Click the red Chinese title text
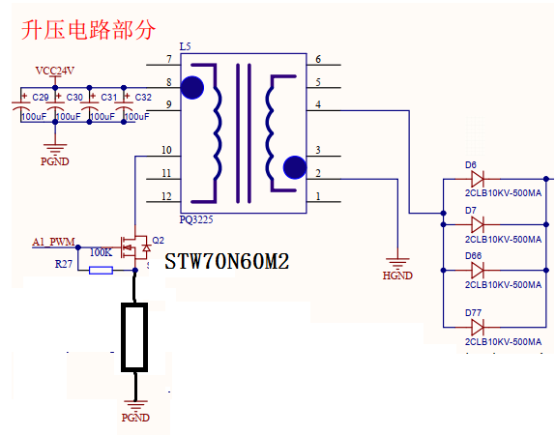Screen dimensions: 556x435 [x=88, y=30]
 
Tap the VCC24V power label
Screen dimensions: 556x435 [x=55, y=71]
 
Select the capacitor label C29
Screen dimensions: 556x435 [x=41, y=97]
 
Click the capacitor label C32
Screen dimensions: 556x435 [x=143, y=97]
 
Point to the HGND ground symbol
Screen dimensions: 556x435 [x=397, y=263]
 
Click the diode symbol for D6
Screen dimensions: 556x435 [x=478, y=179]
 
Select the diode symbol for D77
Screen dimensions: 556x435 [x=478, y=328]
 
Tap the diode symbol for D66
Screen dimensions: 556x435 [x=478, y=270]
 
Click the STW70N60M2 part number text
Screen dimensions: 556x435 [x=227, y=262]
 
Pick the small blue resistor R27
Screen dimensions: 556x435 [x=102, y=271]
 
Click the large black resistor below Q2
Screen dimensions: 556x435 [x=134, y=337]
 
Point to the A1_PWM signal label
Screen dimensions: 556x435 [x=53, y=242]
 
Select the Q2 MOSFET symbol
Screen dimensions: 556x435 [x=135, y=247]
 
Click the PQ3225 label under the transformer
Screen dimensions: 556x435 [x=196, y=219]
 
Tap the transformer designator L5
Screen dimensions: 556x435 [x=185, y=46]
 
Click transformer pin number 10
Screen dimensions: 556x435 [x=166, y=150]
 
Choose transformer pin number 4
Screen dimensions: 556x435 [x=318, y=104]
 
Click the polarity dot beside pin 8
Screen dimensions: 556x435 [x=192, y=88]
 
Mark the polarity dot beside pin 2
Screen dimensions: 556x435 [x=295, y=167]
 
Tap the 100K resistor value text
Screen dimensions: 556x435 [x=102, y=252]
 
